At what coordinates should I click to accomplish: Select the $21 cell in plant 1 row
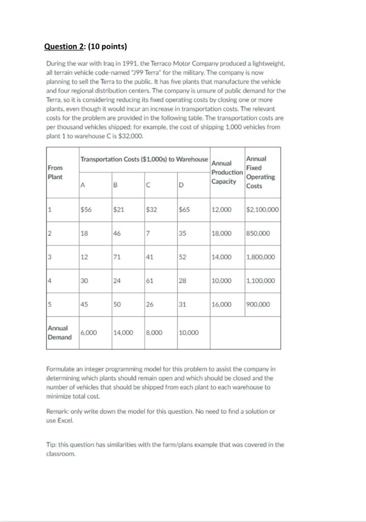click(x=120, y=210)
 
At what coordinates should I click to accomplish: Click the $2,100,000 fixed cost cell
click(x=262, y=210)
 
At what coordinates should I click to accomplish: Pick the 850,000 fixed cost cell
click(x=258, y=233)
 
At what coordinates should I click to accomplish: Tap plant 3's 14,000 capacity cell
click(x=221, y=257)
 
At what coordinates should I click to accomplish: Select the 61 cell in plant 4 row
click(x=150, y=281)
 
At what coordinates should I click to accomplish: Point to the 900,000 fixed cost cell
click(x=258, y=304)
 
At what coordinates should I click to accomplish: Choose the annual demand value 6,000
click(x=89, y=332)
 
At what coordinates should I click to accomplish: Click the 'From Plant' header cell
click(x=55, y=172)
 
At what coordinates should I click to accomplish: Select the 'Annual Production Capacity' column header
click(x=226, y=172)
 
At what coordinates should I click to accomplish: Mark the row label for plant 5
click(x=50, y=304)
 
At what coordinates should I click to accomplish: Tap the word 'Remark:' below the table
click(x=60, y=411)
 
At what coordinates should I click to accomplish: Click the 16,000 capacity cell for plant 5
click(x=221, y=304)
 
